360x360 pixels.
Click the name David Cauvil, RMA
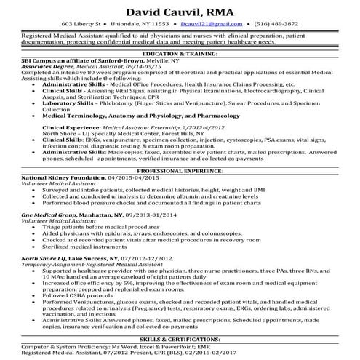[x=179, y=12]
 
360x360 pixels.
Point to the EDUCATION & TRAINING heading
[x=180, y=54]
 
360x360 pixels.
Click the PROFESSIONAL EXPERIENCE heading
[x=180, y=169]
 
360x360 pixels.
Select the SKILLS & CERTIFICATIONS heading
[x=180, y=340]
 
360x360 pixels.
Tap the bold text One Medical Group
[x=52, y=216]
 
